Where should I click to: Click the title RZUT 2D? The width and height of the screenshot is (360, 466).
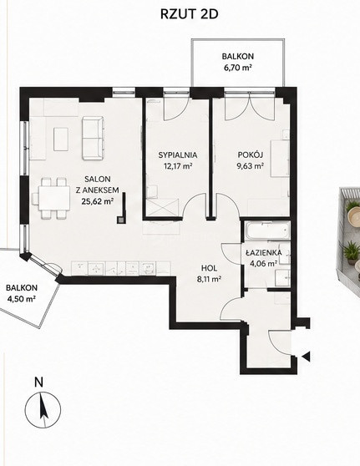189,14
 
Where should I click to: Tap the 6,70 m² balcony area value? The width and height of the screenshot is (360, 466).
238,68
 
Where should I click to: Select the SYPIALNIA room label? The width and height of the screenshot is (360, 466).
177,154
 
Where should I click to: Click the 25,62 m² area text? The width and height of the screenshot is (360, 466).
98,201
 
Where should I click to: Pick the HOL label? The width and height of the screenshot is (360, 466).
209,268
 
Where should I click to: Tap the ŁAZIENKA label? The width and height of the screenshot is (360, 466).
263,253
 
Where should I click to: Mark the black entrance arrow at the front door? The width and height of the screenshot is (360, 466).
306,356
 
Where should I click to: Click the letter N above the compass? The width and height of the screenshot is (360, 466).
38,382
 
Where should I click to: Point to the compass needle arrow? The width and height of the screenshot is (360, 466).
43,406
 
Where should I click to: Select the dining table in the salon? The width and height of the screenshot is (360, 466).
54,198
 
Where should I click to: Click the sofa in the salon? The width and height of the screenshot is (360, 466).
93,138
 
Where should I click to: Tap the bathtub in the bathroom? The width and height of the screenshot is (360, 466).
267,230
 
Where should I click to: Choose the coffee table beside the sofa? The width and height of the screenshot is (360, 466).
61,139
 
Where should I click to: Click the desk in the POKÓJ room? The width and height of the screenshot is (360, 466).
280,158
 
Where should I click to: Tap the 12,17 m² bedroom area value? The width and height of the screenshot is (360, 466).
177,165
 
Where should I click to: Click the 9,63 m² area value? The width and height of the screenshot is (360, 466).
251,165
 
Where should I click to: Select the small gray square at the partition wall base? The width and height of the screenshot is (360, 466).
121,220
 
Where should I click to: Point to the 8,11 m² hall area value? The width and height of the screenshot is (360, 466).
209,279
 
